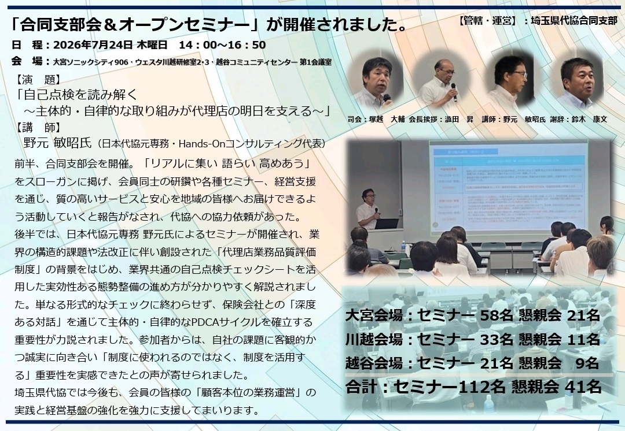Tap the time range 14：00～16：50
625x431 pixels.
point(222,45)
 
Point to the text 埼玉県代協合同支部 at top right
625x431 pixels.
point(574,21)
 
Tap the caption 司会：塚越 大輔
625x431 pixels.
point(376,119)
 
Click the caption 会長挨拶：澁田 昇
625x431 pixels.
point(441,119)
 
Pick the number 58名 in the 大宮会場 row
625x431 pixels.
point(497,315)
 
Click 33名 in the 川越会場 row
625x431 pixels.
point(497,340)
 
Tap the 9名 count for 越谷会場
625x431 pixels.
point(587,363)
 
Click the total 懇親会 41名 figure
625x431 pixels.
point(557,387)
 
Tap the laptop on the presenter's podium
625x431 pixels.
point(386,224)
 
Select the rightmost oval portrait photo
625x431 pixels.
point(579,81)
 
